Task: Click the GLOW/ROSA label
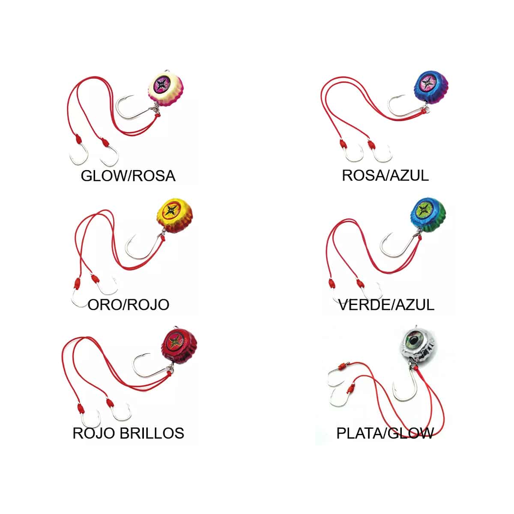[x=128, y=176]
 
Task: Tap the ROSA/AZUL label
[x=385, y=175]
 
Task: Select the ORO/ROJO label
[x=128, y=305]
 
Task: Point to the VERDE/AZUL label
[x=386, y=305]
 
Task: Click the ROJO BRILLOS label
[x=128, y=433]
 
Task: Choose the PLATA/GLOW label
[x=385, y=433]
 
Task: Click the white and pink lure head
[x=166, y=89]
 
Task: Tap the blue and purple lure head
[x=431, y=87]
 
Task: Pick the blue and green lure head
[x=428, y=215]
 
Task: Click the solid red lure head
[x=179, y=345]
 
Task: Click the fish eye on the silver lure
[x=413, y=340]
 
